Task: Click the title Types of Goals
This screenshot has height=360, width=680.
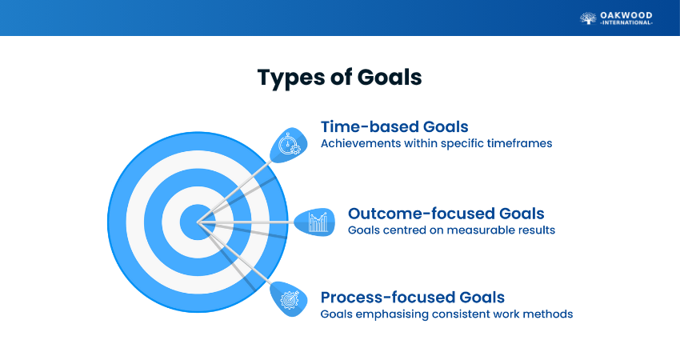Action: pos(339,78)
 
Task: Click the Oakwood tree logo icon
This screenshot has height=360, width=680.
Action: pos(588,18)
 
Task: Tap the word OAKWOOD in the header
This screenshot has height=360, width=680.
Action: pos(626,16)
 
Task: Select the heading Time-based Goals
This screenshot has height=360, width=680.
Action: pos(394,126)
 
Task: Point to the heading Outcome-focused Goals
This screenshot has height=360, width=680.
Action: pos(446,214)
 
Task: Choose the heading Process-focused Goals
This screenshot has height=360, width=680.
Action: pos(413,298)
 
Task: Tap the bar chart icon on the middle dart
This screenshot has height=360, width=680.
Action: pos(318,222)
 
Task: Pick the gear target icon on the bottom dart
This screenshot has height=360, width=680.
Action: pos(290,300)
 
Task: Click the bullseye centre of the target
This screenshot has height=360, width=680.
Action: pos(198,222)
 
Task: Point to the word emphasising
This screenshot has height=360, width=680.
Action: pos(392,314)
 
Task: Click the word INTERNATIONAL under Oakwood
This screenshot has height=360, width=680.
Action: pos(626,22)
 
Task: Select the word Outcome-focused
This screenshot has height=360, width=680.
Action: pos(422,214)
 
